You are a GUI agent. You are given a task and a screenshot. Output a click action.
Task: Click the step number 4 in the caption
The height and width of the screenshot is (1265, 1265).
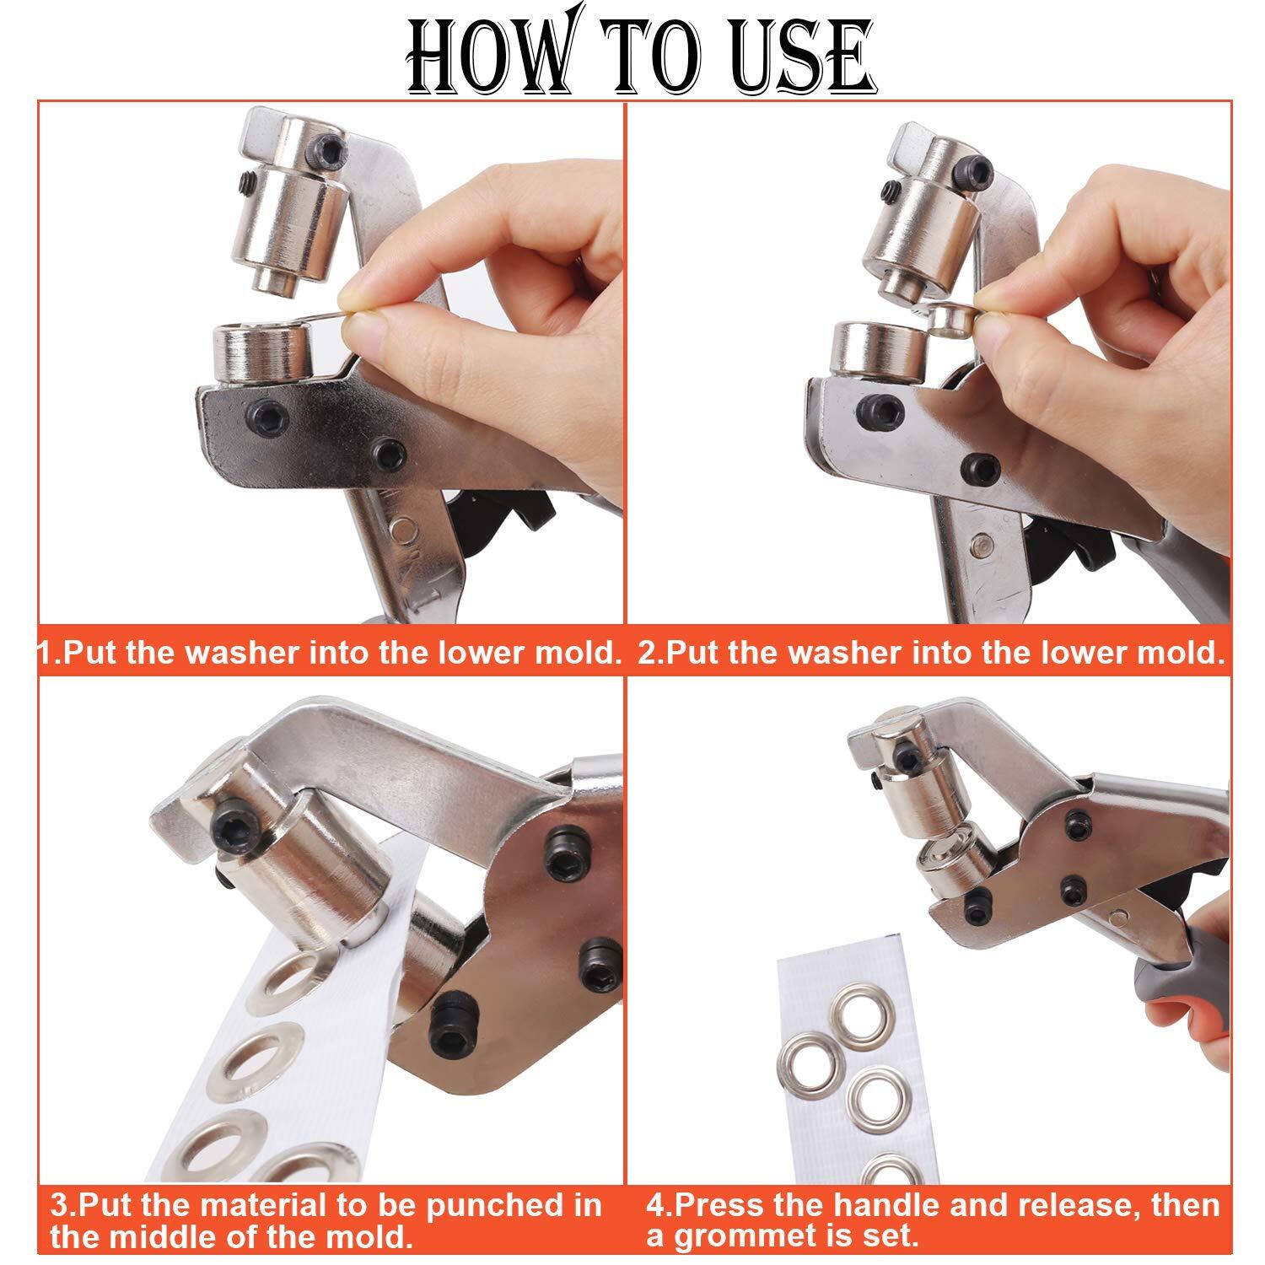coord(655,1205)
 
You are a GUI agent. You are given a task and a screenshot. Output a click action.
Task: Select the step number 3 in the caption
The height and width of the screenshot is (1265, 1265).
coord(59,1205)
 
